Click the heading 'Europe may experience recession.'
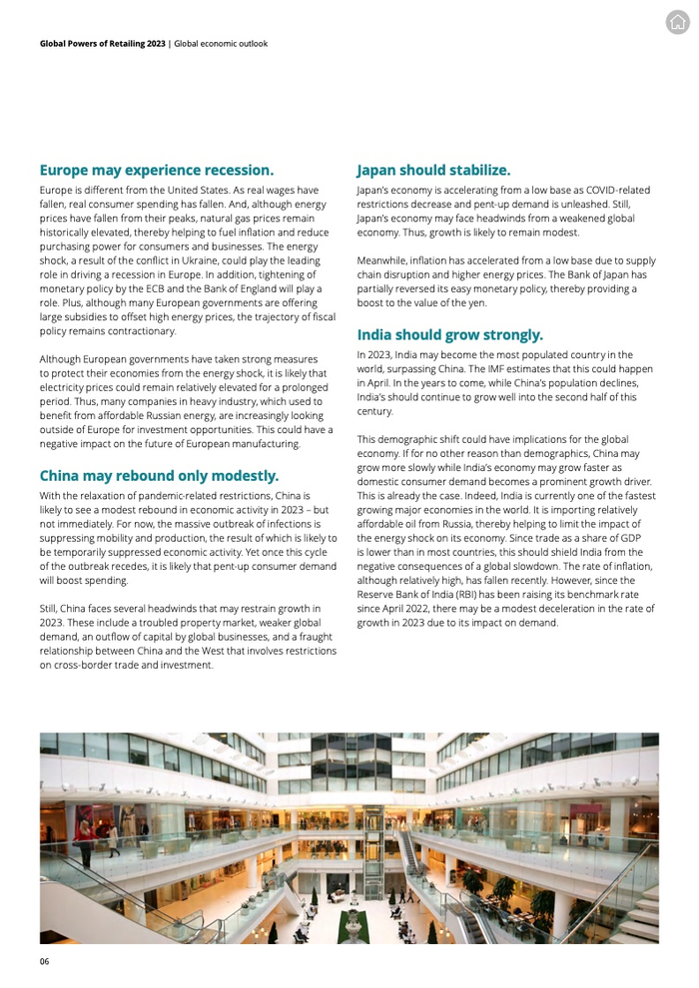tap(156, 170)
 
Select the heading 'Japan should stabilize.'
tap(433, 170)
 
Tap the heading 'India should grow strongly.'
tap(449, 334)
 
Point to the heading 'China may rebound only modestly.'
tap(159, 475)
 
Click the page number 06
tap(44, 962)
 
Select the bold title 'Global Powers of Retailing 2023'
tap(102, 44)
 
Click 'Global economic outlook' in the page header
tap(221, 44)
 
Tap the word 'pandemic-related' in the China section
tap(182, 495)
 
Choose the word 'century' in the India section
tap(375, 411)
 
